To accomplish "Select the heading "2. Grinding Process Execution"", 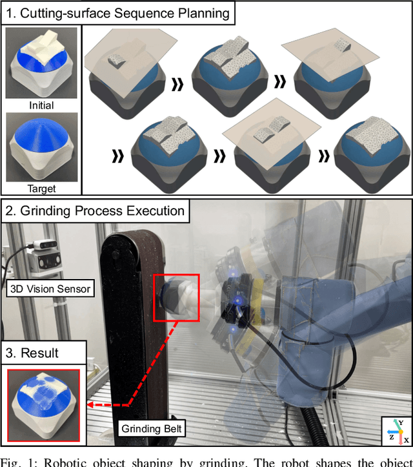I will (x=95, y=211).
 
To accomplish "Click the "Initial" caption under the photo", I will (x=41, y=105).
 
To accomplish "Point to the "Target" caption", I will (x=41, y=189).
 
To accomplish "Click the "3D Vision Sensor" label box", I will (x=49, y=288).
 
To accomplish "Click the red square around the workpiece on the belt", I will (x=177, y=296).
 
